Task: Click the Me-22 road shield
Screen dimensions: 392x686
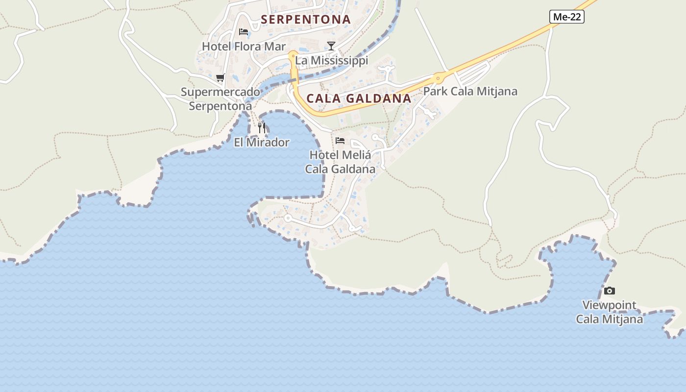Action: (x=567, y=17)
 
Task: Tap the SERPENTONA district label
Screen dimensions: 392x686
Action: (x=306, y=20)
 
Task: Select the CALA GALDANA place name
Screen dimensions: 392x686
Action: (x=359, y=98)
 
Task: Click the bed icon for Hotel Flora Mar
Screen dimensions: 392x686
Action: (x=244, y=32)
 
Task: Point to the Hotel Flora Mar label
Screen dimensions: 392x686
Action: (x=244, y=47)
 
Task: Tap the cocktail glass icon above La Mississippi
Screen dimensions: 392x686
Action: (x=331, y=46)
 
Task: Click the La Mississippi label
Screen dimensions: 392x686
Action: (x=331, y=61)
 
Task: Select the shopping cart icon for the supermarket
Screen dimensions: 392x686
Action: (x=220, y=78)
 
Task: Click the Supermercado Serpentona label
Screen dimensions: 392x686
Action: (x=220, y=99)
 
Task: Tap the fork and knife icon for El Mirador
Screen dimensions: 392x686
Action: (x=262, y=128)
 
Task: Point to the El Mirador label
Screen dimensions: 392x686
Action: (x=262, y=143)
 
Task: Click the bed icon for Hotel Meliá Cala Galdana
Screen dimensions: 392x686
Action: (x=340, y=141)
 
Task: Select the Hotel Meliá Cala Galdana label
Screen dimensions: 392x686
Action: (x=340, y=162)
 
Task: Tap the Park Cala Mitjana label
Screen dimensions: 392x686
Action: (x=470, y=92)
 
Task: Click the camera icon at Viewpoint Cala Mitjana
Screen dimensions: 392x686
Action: (x=610, y=291)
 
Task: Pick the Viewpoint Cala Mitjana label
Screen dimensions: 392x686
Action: (x=610, y=312)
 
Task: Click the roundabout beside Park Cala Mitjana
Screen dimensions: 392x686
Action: (x=438, y=77)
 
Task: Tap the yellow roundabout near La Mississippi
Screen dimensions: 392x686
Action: (x=293, y=55)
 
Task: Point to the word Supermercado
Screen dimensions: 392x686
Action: (x=220, y=92)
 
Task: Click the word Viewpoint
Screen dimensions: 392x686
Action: (x=610, y=305)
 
